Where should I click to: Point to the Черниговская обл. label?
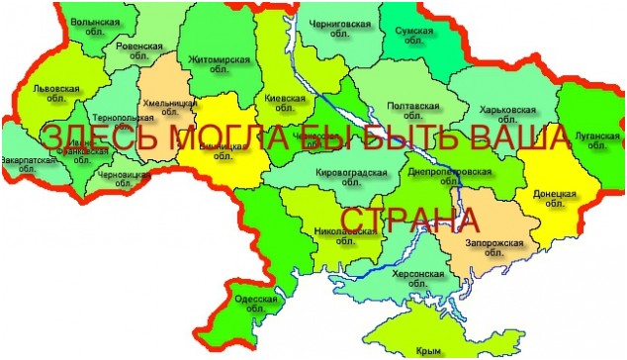(x=342, y=26)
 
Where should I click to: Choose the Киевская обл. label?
(x=286, y=105)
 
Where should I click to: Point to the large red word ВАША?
(x=517, y=138)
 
